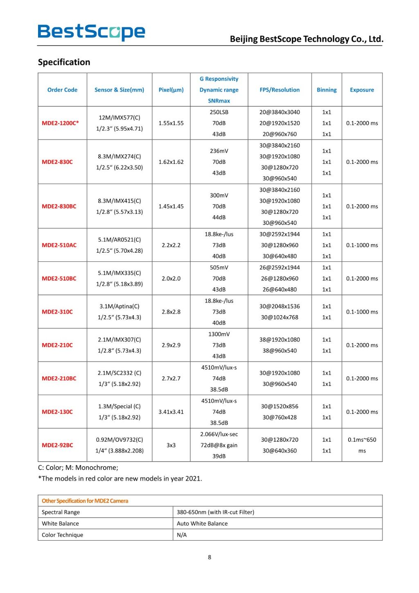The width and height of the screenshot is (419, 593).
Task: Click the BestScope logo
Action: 91,32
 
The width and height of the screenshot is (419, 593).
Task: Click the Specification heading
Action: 64,62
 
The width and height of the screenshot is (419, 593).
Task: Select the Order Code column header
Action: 62,90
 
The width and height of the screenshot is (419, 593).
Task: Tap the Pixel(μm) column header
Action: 171,90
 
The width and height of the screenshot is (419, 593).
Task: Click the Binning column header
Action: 327,90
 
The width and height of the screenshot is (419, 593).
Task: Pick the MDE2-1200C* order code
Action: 60,123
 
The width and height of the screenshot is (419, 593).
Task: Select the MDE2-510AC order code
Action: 59,245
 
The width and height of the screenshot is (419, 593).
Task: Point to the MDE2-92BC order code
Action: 57,445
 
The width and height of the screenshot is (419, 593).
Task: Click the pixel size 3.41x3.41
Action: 171,412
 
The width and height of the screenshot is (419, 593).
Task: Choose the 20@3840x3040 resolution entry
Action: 279,112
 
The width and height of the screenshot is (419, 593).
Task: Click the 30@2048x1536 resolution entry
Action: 279,306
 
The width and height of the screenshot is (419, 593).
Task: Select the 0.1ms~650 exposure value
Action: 362,440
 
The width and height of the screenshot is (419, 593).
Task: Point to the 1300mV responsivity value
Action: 219,334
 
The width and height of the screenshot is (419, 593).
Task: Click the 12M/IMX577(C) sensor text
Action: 119,118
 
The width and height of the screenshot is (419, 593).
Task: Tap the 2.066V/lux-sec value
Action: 219,434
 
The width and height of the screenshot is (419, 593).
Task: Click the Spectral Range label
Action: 61,512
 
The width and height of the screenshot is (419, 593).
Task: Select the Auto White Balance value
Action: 202,523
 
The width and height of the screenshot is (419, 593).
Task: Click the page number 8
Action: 209,557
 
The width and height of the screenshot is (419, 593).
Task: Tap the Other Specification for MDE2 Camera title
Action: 85,500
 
